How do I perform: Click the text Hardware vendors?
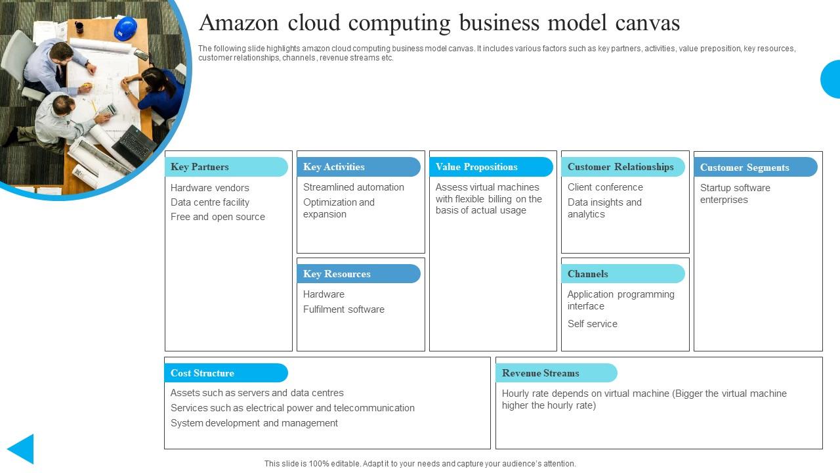[x=210, y=188]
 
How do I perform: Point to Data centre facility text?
[x=210, y=202]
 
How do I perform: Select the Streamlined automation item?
[x=354, y=187]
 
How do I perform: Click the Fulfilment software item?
[x=344, y=309]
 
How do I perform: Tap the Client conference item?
[x=605, y=187]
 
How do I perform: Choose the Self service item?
[x=593, y=324]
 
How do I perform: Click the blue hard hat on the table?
[x=125, y=29]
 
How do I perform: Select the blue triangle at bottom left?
[x=22, y=449]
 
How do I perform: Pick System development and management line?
[x=254, y=423]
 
